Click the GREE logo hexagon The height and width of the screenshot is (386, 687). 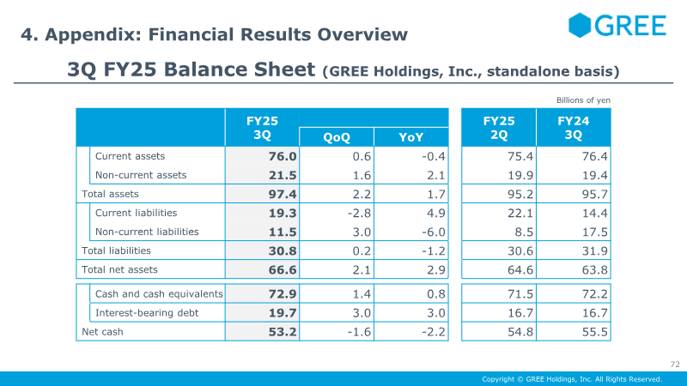point(580,25)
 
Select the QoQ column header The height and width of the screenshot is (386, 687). point(337,137)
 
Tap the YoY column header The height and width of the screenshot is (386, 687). point(411,137)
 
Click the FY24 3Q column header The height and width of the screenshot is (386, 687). point(573,127)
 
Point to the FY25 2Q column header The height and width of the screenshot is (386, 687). point(499,127)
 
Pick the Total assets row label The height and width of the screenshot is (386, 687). point(110,194)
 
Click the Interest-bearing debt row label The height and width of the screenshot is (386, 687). point(147,313)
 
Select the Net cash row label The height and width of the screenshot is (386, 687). point(102,332)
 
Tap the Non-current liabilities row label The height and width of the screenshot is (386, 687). point(147,232)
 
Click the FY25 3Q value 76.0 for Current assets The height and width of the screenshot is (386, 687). point(283,156)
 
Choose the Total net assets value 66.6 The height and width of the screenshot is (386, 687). point(283,269)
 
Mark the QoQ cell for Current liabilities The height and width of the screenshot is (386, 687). point(359,213)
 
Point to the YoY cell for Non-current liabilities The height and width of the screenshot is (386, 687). point(434,232)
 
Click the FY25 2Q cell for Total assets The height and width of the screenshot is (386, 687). point(520,194)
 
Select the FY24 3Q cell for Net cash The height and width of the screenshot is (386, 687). point(594,332)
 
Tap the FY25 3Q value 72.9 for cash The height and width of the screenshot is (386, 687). point(283,293)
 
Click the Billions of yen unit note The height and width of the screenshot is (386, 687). point(583,100)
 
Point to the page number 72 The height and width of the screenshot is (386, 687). point(675,364)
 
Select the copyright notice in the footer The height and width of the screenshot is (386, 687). point(572,379)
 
